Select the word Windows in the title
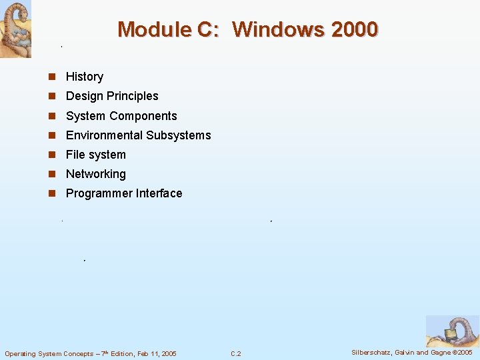[272, 30]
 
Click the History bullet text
[85, 77]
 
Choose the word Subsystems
[178, 135]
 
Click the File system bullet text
[95, 155]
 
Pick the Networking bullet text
[95, 174]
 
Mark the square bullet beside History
[52, 77]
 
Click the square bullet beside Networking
[52, 174]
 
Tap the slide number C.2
[236, 353]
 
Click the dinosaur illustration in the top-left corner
[15, 29]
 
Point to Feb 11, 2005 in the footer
[156, 353]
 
